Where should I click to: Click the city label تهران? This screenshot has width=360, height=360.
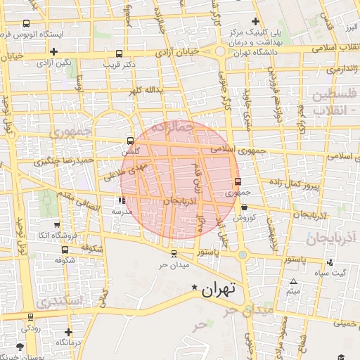click(x=221, y=288)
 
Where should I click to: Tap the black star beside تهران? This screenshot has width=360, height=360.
click(x=195, y=287)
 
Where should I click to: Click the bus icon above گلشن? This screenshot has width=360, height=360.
click(x=129, y=140)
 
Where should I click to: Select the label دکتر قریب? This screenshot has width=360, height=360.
click(x=120, y=63)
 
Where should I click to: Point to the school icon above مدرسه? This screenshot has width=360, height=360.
click(x=122, y=200)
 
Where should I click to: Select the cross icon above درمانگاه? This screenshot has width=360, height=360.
click(x=68, y=332)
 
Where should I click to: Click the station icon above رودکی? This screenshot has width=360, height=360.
click(x=30, y=317)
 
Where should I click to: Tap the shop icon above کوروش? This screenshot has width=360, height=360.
click(x=244, y=207)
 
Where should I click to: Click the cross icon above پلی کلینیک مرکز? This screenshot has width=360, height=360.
click(x=256, y=21)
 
